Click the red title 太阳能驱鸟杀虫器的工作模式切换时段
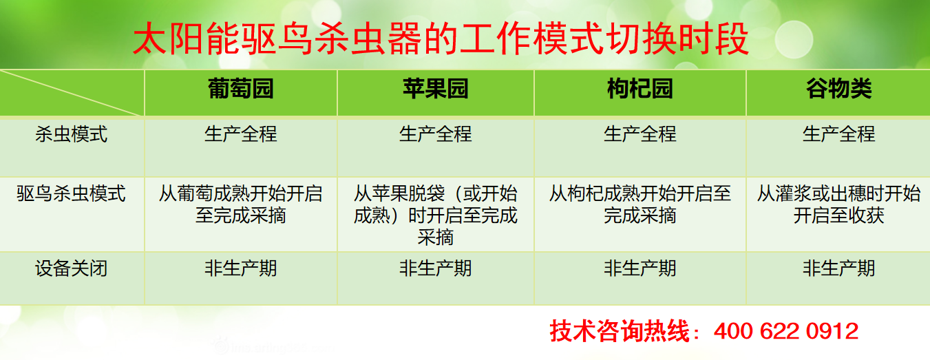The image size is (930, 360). [441, 39]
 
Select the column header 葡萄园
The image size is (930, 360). [241, 89]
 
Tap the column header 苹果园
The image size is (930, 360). [436, 89]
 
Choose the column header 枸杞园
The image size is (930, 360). [640, 89]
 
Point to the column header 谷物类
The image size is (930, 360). [838, 89]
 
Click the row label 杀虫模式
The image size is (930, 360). [72, 134]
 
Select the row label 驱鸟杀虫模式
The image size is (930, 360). [72, 194]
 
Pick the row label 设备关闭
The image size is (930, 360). [72, 268]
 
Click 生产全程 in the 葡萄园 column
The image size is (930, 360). [241, 134]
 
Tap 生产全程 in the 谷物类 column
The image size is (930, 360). [838, 134]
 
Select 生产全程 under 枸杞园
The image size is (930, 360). [640, 134]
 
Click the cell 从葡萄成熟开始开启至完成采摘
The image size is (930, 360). [241, 204]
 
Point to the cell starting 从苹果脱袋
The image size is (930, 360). [436, 215]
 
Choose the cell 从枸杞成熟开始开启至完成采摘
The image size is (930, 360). [640, 204]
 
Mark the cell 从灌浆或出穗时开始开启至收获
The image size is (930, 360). [838, 204]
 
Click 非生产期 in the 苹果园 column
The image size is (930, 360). [436, 268]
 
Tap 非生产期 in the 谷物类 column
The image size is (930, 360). [838, 268]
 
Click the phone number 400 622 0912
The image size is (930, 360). [786, 331]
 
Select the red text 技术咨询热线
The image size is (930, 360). [620, 331]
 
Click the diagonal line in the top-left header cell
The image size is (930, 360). [72, 93]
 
